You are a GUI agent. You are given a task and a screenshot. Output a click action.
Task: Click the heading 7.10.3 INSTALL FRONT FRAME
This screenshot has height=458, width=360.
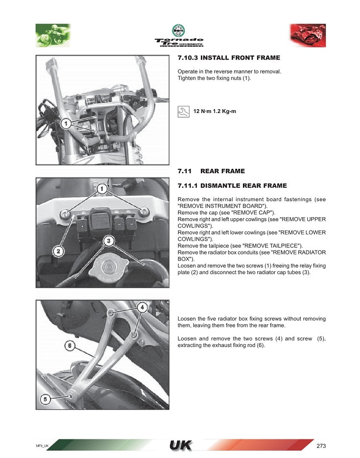coord(229,58)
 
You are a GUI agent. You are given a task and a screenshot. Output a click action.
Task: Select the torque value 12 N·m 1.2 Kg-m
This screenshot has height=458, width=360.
coord(215,112)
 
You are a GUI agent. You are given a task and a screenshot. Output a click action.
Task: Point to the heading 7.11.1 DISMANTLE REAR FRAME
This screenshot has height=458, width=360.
coord(232,186)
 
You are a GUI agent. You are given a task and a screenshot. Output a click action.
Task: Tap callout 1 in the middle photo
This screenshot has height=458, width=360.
coord(102,188)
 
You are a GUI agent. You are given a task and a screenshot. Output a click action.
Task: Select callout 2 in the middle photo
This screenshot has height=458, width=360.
coord(58,252)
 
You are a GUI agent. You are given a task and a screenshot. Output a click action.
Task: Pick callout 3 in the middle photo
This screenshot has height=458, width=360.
coord(109,241)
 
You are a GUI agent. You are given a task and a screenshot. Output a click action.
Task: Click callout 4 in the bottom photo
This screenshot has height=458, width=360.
coord(142,307)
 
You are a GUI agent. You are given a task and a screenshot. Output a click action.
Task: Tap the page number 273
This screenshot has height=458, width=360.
coord(321,446)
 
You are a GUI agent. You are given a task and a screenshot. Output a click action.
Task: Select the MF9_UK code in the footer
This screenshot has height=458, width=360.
coord(42,446)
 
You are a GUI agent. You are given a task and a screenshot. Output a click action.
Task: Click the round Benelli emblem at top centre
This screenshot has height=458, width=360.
coord(178,30)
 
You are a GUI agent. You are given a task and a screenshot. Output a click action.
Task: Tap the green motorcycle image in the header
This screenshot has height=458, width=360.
coord(53,35)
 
